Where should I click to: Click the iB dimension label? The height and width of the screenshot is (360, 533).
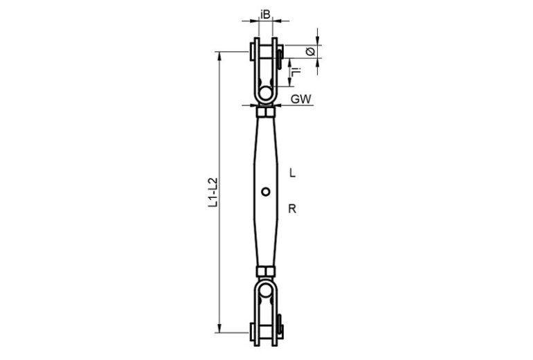265,15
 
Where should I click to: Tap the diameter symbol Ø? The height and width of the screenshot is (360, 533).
310,52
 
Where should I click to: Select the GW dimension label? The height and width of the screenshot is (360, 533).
301,99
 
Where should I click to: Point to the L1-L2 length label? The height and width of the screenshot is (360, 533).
213,192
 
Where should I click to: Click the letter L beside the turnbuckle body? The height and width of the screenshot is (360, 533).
292,173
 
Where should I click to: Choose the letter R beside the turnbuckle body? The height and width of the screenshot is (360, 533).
292,208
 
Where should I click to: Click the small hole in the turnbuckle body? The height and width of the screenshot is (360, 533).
266,192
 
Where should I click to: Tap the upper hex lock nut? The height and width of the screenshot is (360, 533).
266,112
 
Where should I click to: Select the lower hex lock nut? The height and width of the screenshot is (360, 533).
266,271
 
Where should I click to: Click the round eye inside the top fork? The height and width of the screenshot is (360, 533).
266,93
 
